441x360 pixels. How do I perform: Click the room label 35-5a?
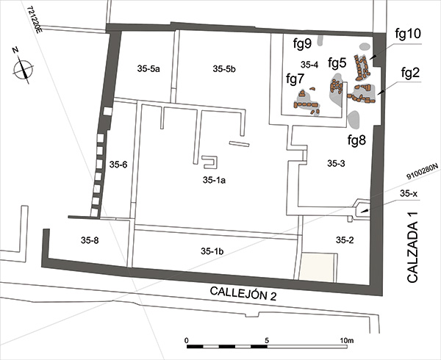pos(148,68)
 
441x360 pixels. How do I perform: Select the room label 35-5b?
pos(224,68)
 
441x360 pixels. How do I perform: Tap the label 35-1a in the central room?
pos(214,180)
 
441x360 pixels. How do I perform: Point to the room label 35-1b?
pos(212,251)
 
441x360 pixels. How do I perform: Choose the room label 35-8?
pos(90,240)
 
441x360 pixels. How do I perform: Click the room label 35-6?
pos(118,165)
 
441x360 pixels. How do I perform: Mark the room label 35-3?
pos(336,163)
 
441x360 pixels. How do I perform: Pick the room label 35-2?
pos(345,240)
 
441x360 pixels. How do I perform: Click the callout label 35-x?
pos(409,194)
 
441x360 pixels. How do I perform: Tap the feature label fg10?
pos(408,34)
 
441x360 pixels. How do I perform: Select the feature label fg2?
pos(410,73)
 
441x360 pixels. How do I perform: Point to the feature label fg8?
pos(356,140)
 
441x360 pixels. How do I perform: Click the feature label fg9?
pos(302,43)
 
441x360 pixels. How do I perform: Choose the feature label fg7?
pos(295,79)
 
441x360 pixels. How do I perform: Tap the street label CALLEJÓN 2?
pos(243,293)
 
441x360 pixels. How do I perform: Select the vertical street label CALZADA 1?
pos(412,247)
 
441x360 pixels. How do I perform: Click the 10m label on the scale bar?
pos(346,341)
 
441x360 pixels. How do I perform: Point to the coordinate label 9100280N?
pos(422,171)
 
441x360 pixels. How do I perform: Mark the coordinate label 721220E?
pos(35,20)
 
